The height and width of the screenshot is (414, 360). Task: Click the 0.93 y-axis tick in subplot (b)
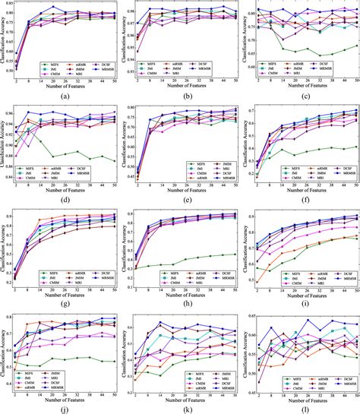tap(128, 74)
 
